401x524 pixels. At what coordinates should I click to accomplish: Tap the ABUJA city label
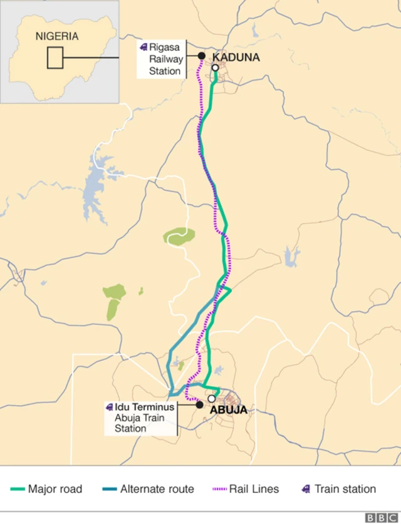point(228,411)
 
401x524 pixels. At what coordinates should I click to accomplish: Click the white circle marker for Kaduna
point(215,68)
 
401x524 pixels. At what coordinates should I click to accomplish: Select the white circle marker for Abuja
point(212,398)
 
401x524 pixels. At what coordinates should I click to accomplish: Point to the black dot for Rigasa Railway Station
point(202,56)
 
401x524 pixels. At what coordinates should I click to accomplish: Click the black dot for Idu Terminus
point(199,405)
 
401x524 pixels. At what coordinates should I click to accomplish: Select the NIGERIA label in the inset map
point(57,36)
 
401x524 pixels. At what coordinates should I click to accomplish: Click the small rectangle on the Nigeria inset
point(55,58)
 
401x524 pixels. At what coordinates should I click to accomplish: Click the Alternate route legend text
point(157,489)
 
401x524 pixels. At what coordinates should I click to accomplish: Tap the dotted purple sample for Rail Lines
point(219,489)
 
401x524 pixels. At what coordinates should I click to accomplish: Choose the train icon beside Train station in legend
point(306,489)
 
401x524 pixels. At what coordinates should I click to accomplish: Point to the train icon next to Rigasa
point(143,47)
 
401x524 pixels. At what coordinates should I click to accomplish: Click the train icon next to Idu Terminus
point(110,407)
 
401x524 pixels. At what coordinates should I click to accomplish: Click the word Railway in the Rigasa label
point(166,59)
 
